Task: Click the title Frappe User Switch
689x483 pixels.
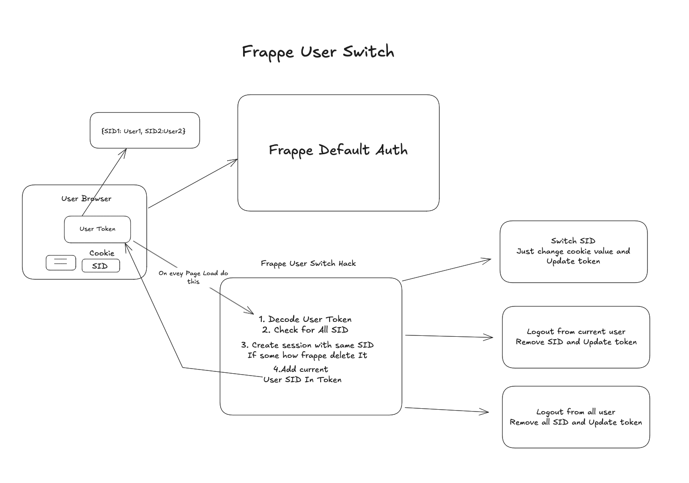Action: coord(318,51)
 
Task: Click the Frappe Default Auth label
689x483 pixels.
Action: coord(338,150)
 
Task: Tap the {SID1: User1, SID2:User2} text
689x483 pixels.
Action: coord(144,131)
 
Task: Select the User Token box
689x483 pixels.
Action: coord(97,229)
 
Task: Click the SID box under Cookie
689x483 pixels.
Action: coord(100,266)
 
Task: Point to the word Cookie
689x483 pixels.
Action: coord(101,253)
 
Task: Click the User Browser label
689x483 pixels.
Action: coord(86,199)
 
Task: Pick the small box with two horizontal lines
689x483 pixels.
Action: coord(61,263)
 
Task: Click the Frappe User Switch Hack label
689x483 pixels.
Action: coord(308,263)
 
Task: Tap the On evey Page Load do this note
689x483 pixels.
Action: coord(193,277)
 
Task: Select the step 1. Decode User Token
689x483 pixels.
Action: coord(305,320)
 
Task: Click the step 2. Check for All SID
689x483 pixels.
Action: coord(305,330)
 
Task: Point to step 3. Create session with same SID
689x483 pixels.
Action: coord(307,345)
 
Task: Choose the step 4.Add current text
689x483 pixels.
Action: coord(301,369)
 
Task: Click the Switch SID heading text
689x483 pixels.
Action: coord(573,241)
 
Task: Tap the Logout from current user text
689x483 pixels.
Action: coord(576,332)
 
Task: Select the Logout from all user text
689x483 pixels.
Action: coord(575,412)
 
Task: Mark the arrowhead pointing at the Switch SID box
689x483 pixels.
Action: coord(488,260)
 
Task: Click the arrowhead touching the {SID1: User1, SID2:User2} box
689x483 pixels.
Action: coord(125,151)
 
